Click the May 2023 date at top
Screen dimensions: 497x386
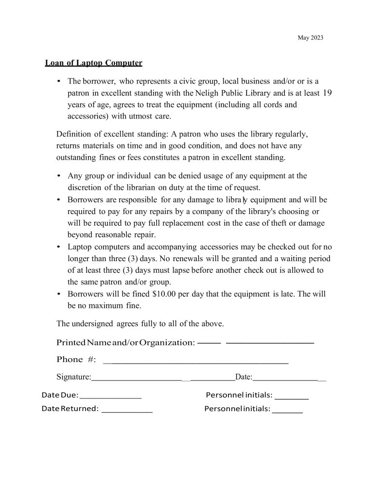click(x=310, y=38)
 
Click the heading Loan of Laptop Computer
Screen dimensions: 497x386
click(x=93, y=63)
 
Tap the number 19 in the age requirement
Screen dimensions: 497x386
click(x=326, y=92)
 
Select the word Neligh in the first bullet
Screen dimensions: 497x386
click(x=208, y=92)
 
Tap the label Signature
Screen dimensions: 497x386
click(x=73, y=377)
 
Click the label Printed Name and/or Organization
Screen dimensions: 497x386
click(x=125, y=343)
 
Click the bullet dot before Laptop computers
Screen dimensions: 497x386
click(x=59, y=247)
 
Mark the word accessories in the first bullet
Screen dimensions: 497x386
click(x=88, y=116)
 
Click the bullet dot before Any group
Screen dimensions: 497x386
click(x=59, y=176)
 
